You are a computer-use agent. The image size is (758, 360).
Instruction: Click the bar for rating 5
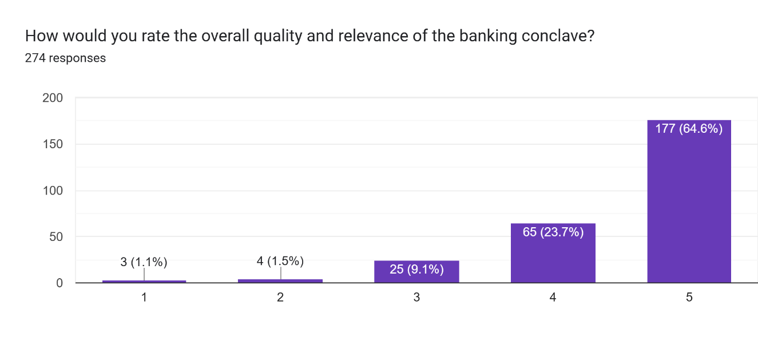pos(689,206)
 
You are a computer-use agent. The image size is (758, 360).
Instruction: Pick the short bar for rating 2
pos(280,280)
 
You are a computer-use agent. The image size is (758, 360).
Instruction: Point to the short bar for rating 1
pos(144,281)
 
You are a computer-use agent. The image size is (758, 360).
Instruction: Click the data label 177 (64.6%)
pos(689,129)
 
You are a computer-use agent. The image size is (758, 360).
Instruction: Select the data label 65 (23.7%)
pos(553,232)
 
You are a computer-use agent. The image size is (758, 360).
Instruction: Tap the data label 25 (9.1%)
pos(416,268)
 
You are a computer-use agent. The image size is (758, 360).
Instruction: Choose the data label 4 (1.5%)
pos(280,262)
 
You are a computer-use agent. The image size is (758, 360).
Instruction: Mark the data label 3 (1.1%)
pos(144,262)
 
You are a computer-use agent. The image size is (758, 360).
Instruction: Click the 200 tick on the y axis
pos(53,98)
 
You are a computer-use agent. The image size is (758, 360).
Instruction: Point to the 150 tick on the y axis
pos(53,144)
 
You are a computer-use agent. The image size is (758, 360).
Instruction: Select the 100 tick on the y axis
pos(53,191)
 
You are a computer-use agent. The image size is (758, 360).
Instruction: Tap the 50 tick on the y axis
pos(56,237)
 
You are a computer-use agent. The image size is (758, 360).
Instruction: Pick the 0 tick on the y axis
pos(59,283)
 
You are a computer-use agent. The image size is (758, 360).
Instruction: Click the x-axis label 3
pos(416,298)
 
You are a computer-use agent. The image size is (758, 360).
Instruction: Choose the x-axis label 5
pos(689,298)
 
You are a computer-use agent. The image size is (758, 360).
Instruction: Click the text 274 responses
pos(65,58)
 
